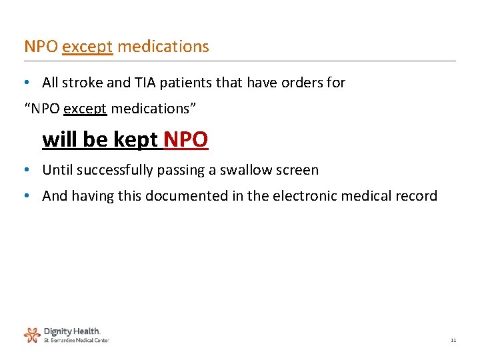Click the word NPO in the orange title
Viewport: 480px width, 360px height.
(x=41, y=47)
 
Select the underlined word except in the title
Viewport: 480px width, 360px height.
(x=88, y=47)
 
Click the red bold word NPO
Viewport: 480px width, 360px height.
(x=186, y=140)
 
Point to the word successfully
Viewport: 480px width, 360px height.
(x=115, y=170)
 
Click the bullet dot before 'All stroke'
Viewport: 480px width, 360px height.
(x=25, y=83)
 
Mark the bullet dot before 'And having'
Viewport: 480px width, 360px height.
(x=25, y=196)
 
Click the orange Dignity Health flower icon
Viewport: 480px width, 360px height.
(x=32, y=334)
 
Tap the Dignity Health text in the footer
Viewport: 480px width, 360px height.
(x=72, y=331)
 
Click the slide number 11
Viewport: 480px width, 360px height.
(x=453, y=340)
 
